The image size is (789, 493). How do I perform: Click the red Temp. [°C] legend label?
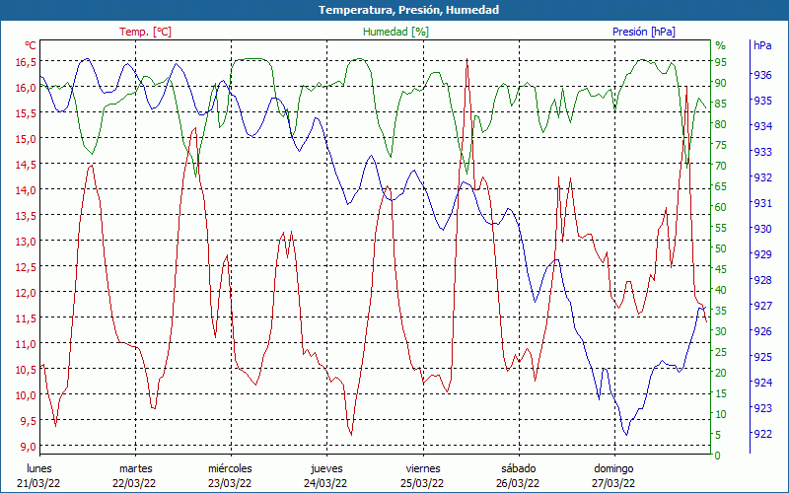[x=145, y=32]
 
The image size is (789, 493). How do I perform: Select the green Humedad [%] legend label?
[x=396, y=32]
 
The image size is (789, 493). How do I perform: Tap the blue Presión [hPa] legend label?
[x=643, y=32]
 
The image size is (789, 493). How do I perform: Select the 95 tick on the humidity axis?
[x=721, y=61]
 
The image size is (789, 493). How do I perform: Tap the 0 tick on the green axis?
[x=718, y=456]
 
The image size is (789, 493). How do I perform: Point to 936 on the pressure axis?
[x=762, y=75]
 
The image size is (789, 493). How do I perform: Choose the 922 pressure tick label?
[x=762, y=434]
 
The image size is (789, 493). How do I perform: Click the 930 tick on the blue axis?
[x=762, y=229]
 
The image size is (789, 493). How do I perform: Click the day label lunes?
[x=38, y=468]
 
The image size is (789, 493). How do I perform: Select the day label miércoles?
[x=230, y=468]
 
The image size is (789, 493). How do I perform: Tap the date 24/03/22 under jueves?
[x=325, y=483]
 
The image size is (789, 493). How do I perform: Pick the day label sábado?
[x=518, y=468]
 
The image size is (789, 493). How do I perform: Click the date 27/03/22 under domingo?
[x=612, y=483]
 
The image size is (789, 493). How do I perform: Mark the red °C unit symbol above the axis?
[x=31, y=45]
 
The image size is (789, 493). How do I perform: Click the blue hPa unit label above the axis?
[x=762, y=45]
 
